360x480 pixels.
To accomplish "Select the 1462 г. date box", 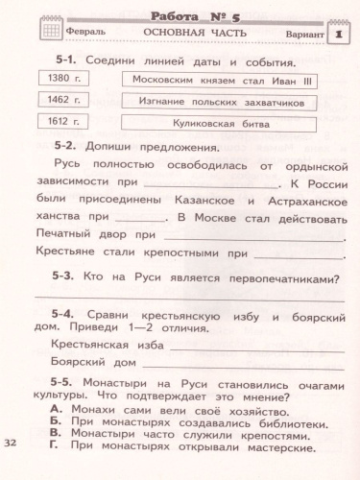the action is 60,100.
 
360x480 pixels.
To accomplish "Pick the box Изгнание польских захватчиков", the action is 208,101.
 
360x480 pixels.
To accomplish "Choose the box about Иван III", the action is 208,80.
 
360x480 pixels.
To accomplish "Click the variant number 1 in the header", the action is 340,34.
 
